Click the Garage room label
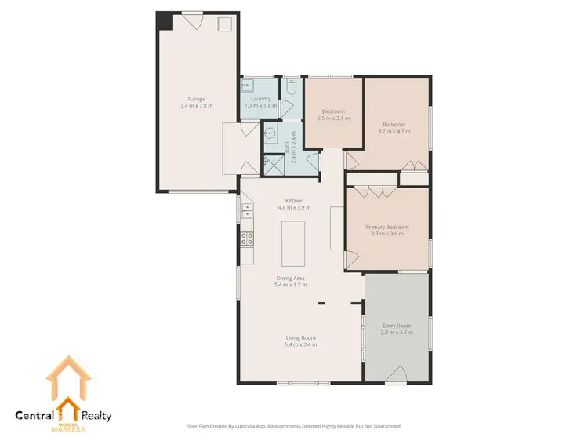point(197,99)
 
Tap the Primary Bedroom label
point(387,227)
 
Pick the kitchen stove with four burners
point(245,238)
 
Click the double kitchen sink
point(245,210)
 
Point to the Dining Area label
point(290,279)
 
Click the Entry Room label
point(396,325)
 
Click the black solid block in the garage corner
point(165,20)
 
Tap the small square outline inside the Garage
point(224,24)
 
